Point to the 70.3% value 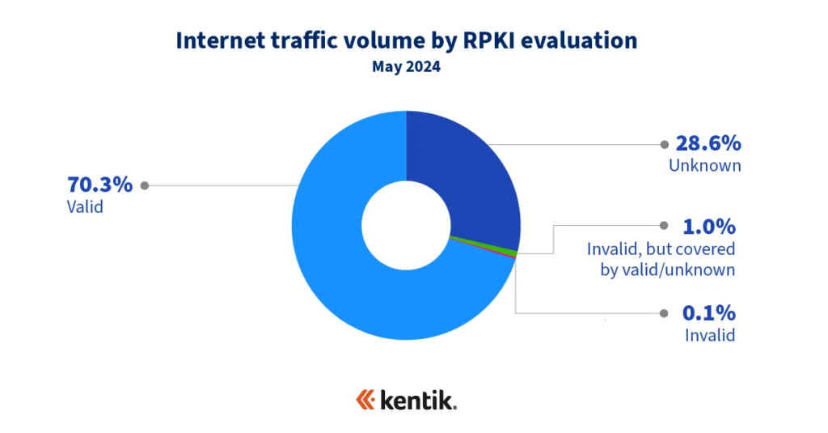tap(99, 185)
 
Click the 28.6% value tap(708, 144)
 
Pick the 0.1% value tap(708, 312)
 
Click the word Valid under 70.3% tap(85, 206)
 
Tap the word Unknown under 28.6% tap(704, 166)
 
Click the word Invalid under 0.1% tap(709, 334)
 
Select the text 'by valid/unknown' tap(667, 270)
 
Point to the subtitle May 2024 tap(406, 67)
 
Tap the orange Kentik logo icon tap(366, 400)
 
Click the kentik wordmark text tap(419, 400)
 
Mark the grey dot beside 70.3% tap(145, 185)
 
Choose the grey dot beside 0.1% tap(664, 313)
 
